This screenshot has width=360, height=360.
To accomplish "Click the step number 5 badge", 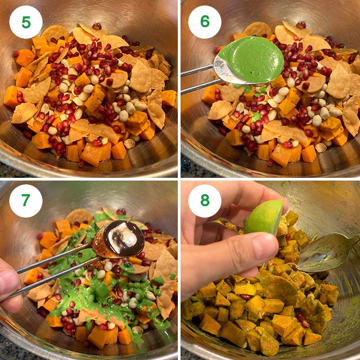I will [x=26, y=22].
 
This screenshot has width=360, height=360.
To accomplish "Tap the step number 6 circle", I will [x=205, y=22].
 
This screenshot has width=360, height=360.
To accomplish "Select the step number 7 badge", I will [x=26, y=201].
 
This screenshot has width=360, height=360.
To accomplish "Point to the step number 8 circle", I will [x=205, y=201].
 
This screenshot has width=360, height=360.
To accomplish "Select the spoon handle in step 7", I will [x=55, y=262].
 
